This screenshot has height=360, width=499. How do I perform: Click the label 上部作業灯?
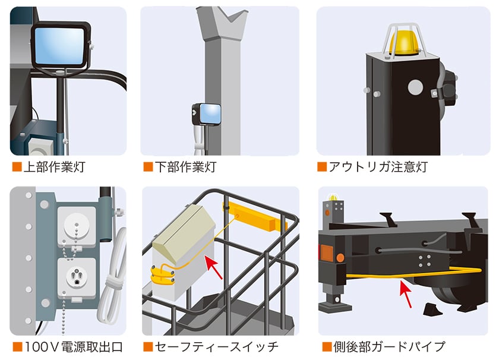pyautogui.click(x=53, y=167)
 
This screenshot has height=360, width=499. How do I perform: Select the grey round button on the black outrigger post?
pyautogui.click(x=415, y=87)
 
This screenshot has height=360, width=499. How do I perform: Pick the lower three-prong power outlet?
pyautogui.click(x=75, y=277)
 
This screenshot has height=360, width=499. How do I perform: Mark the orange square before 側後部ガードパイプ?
pyautogui.click(x=326, y=346)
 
